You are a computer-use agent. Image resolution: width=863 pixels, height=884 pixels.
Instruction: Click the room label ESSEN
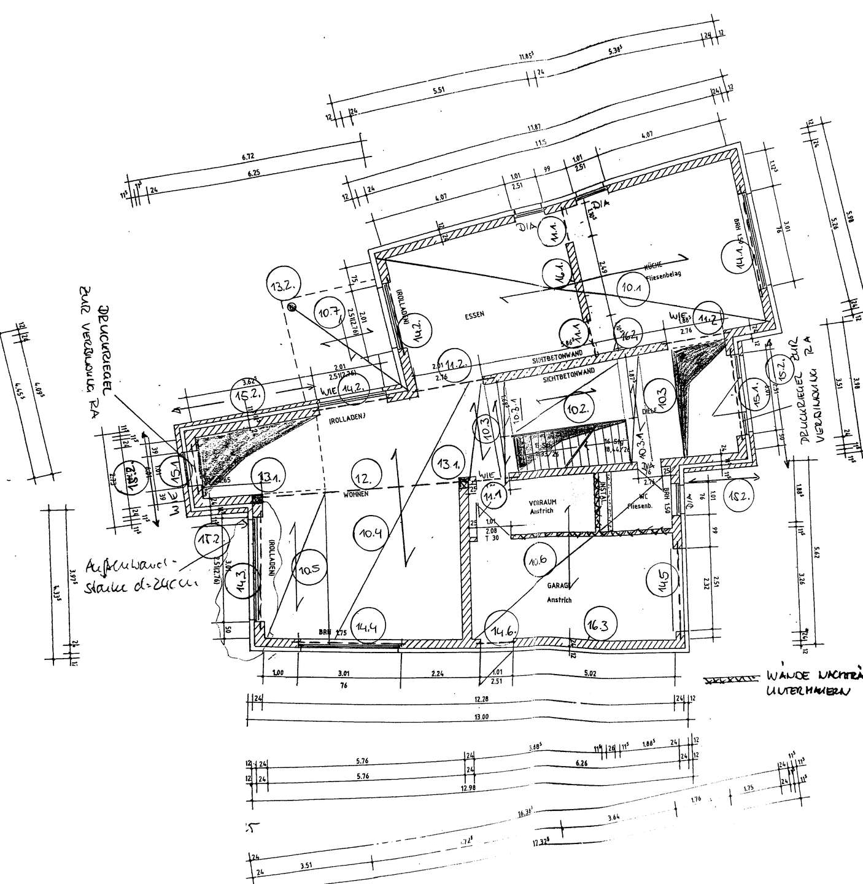click(474, 314)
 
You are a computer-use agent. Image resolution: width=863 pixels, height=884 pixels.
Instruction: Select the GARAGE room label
click(560, 586)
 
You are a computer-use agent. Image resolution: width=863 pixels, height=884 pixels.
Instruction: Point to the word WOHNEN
click(356, 494)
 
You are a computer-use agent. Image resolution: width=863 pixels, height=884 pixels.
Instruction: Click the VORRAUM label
click(542, 502)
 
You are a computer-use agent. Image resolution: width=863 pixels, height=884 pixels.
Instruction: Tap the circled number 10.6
click(540, 558)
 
